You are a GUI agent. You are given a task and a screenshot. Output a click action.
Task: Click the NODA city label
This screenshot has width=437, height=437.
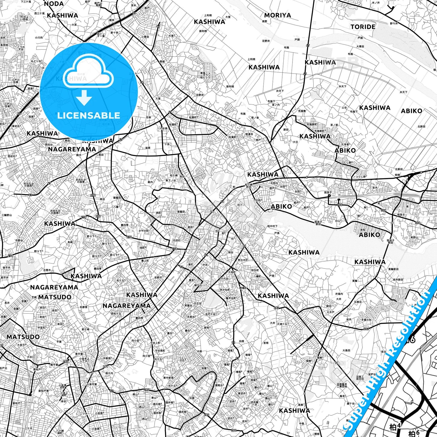(x=54, y=4)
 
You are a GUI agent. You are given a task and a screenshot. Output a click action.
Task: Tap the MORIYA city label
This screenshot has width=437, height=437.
(x=277, y=15)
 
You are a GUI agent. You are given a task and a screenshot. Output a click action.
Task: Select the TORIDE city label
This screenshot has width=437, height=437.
(x=363, y=27)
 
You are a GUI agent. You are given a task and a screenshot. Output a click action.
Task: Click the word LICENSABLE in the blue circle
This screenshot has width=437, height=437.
(x=89, y=115)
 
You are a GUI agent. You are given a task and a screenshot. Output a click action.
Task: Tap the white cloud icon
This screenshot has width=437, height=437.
(x=89, y=73)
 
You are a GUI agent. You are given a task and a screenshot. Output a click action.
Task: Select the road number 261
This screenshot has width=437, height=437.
(x=105, y=367)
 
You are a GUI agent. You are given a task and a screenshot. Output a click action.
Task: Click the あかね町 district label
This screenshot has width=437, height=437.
(x=225, y=290)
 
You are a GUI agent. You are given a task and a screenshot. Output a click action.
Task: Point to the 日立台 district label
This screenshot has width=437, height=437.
(x=198, y=303)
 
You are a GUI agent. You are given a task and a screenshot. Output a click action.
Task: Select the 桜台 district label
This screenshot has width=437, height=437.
(x=231, y=252)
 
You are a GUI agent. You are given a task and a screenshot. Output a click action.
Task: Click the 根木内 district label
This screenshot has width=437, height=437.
(x=109, y=373)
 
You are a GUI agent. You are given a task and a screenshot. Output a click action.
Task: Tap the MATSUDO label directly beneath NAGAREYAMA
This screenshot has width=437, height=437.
(x=54, y=297)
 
